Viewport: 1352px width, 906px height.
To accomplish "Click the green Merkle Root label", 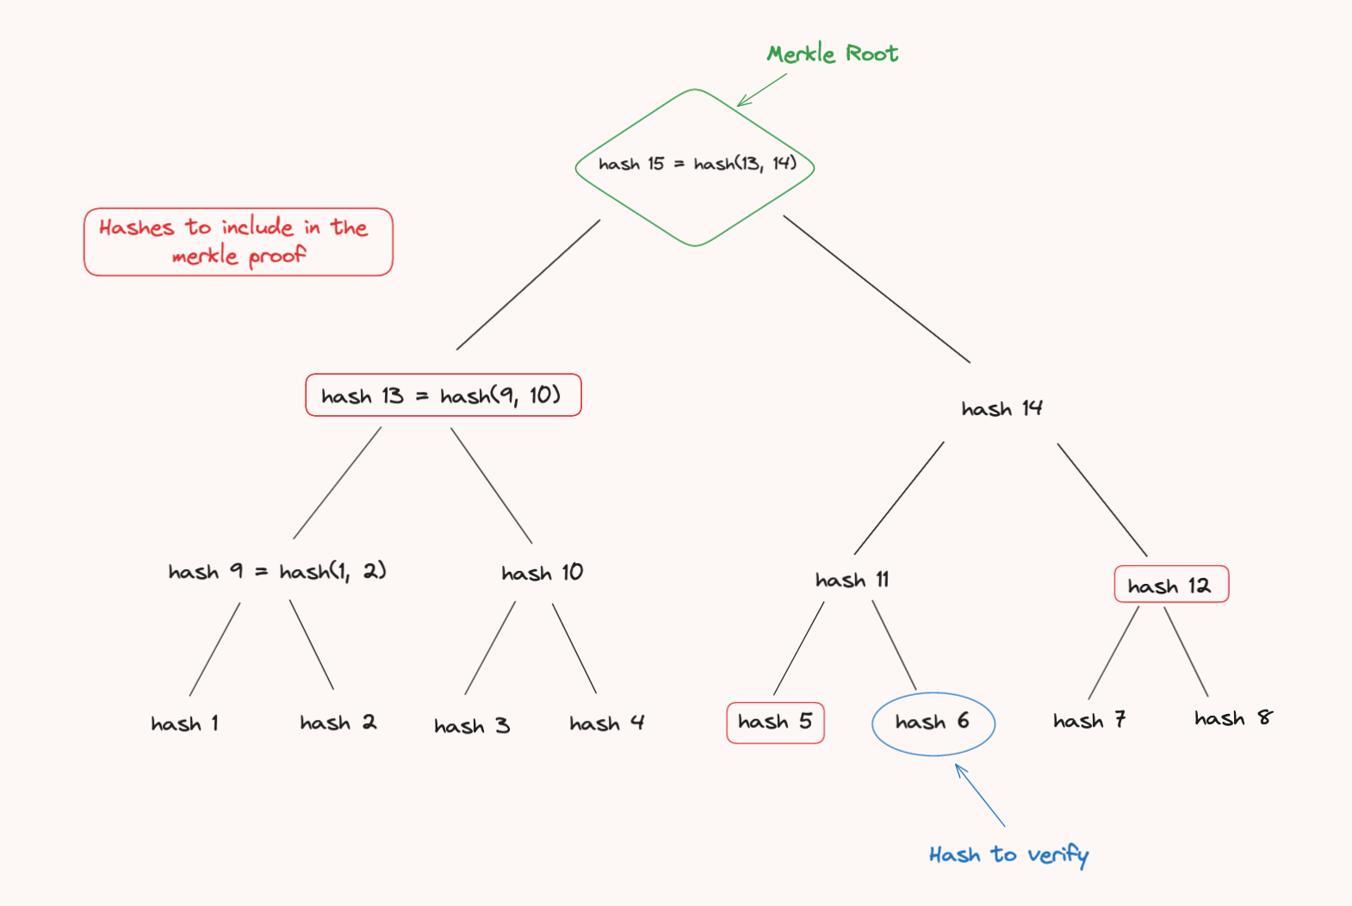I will [832, 53].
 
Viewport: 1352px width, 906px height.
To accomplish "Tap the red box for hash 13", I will [443, 395].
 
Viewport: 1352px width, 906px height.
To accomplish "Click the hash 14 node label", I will [1002, 408].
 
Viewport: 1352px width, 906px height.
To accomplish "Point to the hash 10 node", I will [542, 573].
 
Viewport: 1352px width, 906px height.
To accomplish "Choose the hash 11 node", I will [852, 580].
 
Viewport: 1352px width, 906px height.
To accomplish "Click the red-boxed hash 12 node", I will [1170, 585].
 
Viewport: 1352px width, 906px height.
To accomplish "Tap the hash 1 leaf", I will [184, 723].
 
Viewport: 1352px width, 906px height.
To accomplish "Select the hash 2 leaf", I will [338, 723].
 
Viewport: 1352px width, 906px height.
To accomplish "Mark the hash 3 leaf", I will [472, 726].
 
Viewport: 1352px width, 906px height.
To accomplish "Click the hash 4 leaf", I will [606, 723].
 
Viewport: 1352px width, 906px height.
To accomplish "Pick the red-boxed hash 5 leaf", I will [775, 722].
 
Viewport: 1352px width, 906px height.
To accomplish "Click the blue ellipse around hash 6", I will [933, 723].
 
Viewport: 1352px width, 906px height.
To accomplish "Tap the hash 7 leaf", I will [1089, 720].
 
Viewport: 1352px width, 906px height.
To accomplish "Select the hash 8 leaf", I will [1232, 718].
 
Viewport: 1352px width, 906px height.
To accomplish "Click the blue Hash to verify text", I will [1008, 854].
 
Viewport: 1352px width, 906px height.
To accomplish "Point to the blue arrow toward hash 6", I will [980, 796].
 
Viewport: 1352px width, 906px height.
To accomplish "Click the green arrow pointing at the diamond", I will [761, 90].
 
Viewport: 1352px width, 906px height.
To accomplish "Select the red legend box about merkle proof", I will [238, 242].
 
